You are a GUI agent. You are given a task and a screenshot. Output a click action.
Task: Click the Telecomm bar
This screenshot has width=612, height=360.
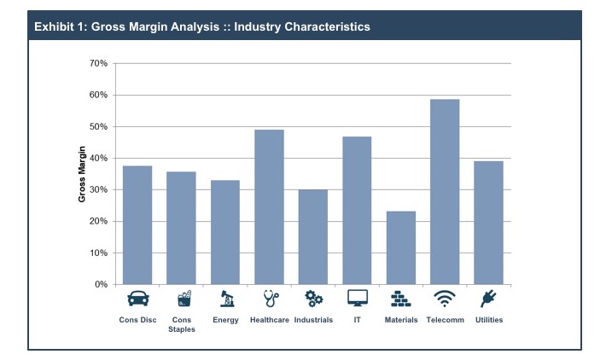pos(445,192)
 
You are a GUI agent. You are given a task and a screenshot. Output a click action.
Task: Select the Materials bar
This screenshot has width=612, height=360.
pos(400,247)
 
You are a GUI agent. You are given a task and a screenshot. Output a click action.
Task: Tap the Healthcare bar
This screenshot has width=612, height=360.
pos(269,206)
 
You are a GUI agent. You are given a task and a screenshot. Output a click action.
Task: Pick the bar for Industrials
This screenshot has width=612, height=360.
pos(312,237)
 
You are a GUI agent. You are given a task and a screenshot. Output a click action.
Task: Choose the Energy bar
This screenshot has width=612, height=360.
pos(224,232)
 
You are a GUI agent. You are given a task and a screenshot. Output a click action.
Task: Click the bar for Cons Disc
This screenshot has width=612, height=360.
pos(137,225)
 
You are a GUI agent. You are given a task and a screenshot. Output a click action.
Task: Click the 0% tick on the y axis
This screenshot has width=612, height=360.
pos(100,284)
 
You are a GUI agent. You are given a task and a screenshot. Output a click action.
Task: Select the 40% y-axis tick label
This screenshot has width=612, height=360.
pos(97,158)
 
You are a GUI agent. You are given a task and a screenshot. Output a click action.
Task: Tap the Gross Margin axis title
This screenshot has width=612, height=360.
pos(83,174)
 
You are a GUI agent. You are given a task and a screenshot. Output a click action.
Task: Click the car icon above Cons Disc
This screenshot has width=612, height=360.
pos(137,299)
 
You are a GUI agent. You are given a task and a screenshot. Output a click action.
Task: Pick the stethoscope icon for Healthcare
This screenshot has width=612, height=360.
pos(269,299)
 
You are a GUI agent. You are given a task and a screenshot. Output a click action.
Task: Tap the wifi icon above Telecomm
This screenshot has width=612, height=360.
pos(445,299)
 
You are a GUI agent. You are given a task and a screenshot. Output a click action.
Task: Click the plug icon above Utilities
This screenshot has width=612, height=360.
pos(488,299)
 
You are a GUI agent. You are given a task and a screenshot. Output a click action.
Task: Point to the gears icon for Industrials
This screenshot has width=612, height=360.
pos(313,299)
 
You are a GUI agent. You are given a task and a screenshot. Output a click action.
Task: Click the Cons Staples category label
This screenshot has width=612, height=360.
pos(181,325)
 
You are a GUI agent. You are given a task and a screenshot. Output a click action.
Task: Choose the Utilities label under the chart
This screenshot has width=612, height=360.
pos(488,320)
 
